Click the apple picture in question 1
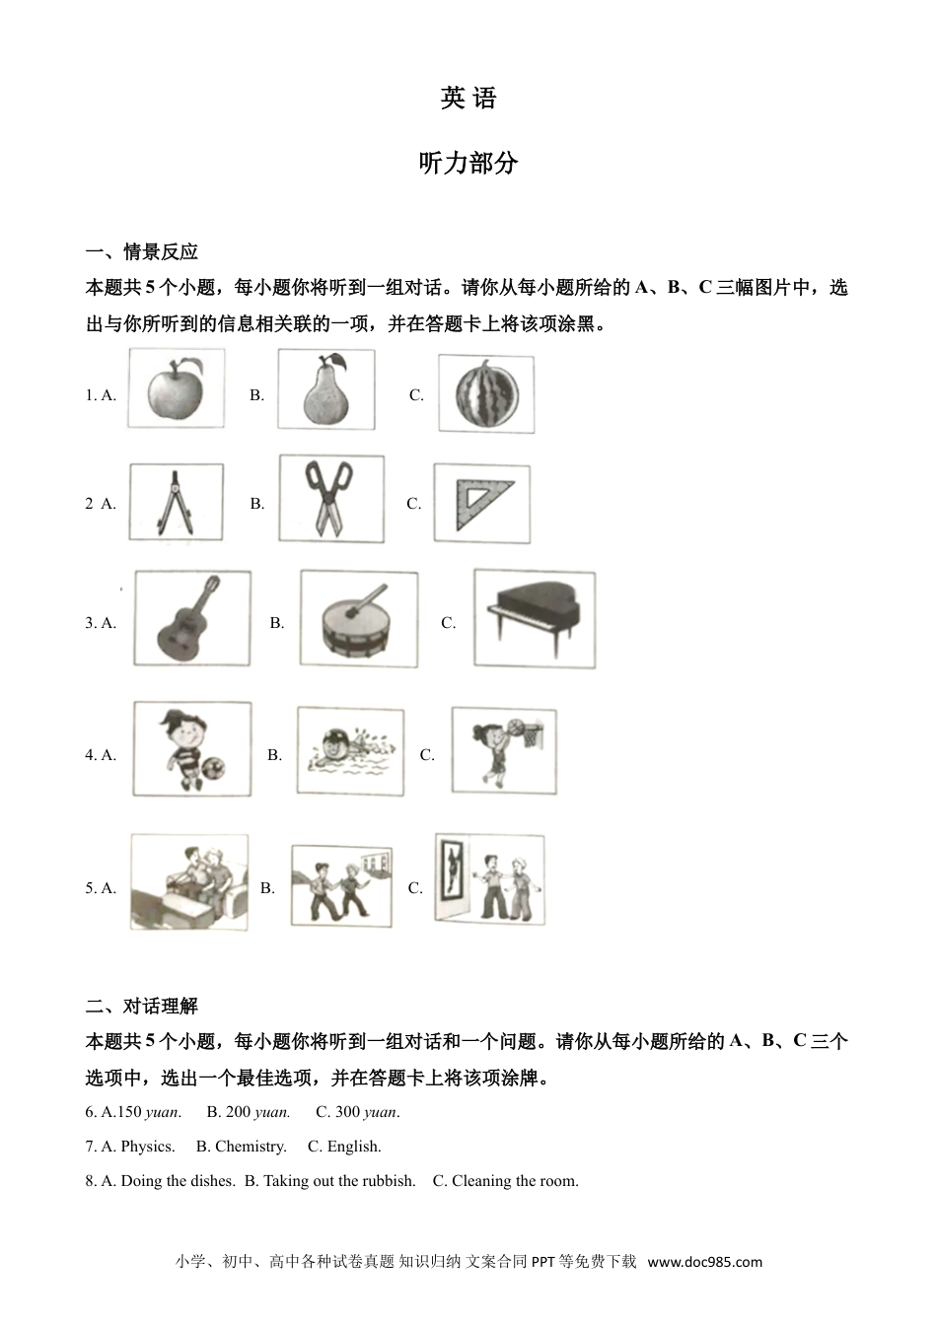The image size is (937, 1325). (x=176, y=388)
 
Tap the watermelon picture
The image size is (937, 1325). (x=486, y=394)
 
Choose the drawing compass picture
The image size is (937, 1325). (x=176, y=503)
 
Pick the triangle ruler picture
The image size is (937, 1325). (x=481, y=503)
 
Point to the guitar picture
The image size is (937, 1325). (x=191, y=620)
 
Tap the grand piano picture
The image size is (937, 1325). (x=534, y=617)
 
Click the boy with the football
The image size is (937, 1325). (x=191, y=749)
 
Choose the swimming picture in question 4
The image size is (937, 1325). (x=349, y=751)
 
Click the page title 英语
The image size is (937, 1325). (x=468, y=99)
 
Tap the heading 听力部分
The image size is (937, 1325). (x=468, y=164)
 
